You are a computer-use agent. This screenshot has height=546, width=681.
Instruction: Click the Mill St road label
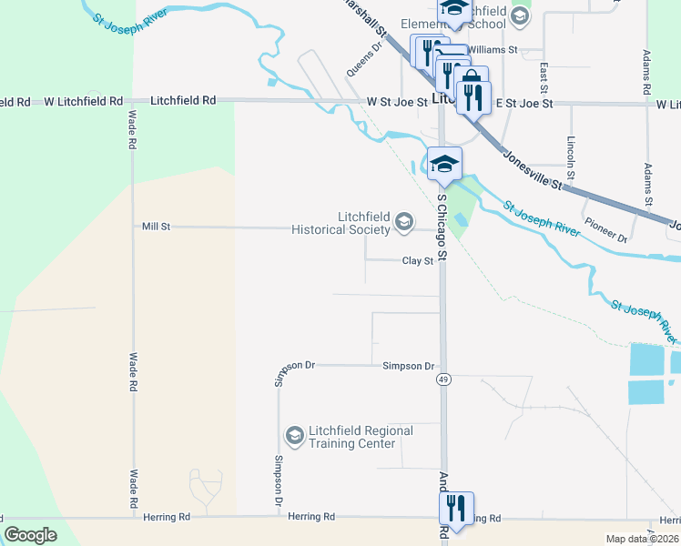pos(156,226)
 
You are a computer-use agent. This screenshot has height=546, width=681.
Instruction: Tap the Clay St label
pos(418,261)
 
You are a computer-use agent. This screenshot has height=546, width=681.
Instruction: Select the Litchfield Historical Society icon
pos(402,221)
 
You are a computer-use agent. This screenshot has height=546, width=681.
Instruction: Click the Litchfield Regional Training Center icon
pos(294,437)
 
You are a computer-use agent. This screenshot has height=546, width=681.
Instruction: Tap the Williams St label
pos(492,49)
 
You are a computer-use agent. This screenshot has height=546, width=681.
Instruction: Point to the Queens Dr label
pos(361,59)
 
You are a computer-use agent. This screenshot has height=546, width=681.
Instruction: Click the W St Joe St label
pos(397,103)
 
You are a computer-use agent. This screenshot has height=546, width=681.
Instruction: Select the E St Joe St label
pos(524,104)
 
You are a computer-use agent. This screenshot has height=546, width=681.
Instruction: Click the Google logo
pos(31,535)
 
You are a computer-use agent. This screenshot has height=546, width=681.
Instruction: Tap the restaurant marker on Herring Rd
pos(454,507)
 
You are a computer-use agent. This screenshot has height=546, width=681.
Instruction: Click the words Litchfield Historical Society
pos(340,223)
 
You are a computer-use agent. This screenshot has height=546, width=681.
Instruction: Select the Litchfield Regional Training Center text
pos(349,437)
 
